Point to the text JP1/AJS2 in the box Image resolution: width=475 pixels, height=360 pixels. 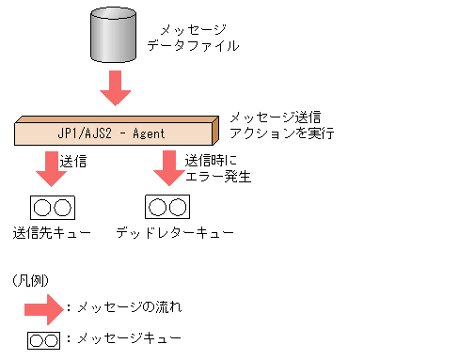point(87,133)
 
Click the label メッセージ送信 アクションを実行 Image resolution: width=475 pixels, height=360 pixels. point(275,126)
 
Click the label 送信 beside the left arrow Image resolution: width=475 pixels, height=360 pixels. point(73,161)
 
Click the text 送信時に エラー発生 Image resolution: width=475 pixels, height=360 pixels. point(217,167)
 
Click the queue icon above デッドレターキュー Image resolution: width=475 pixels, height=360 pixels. point(167,206)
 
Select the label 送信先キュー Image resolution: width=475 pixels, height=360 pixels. point(52,231)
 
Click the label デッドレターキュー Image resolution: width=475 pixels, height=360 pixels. point(175,231)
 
